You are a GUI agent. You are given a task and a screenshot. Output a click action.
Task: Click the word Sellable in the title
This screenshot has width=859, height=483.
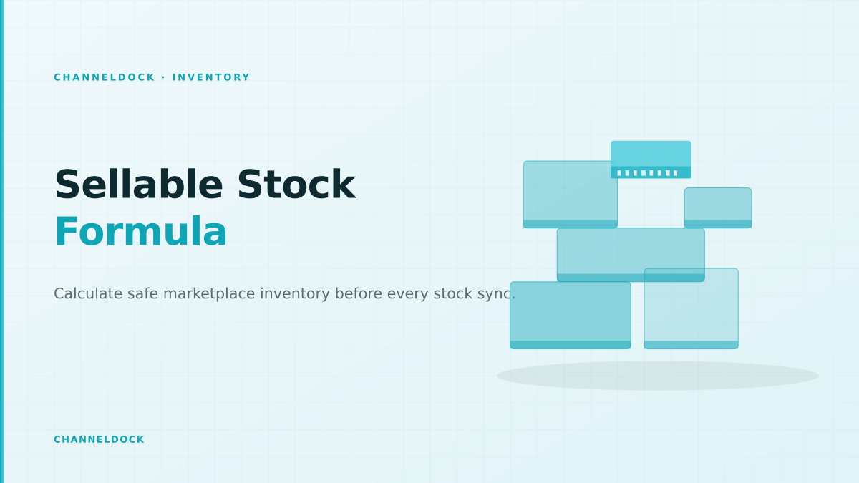click(139, 185)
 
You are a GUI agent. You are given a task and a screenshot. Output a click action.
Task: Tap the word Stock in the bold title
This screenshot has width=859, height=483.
click(296, 185)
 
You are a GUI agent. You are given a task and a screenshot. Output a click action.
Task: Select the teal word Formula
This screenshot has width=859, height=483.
click(141, 232)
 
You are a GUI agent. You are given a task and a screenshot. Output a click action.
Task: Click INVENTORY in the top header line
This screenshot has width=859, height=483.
click(211, 77)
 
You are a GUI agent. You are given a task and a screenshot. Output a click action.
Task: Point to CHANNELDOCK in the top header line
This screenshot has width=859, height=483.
click(105, 77)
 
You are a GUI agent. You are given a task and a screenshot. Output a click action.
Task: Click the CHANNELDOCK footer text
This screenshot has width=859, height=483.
click(99, 439)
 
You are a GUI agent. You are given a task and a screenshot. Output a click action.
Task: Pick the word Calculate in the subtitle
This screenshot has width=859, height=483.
click(88, 293)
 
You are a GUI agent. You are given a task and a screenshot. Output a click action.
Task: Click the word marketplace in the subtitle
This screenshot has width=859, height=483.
click(209, 294)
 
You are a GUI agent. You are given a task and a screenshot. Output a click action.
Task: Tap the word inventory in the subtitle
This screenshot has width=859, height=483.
click(295, 294)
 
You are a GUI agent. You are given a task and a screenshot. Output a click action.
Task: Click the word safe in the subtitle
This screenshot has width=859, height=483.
click(142, 293)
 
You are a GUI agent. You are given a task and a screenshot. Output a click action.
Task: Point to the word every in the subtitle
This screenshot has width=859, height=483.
click(407, 294)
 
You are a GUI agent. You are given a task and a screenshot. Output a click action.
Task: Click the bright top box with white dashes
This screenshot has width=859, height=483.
click(651, 160)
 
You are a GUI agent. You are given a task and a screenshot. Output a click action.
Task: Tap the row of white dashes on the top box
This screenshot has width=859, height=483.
click(647, 173)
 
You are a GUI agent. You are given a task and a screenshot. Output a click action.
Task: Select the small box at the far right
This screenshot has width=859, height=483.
click(718, 208)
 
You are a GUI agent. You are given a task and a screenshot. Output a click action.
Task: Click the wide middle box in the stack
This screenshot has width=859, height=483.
click(631, 255)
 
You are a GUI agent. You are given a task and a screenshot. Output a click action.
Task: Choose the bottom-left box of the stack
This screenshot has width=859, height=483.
click(571, 315)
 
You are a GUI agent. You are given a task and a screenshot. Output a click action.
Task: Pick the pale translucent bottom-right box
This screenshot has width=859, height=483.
click(691, 308)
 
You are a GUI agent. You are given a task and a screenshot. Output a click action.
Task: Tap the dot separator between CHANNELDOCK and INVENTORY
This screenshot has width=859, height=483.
click(164, 77)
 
